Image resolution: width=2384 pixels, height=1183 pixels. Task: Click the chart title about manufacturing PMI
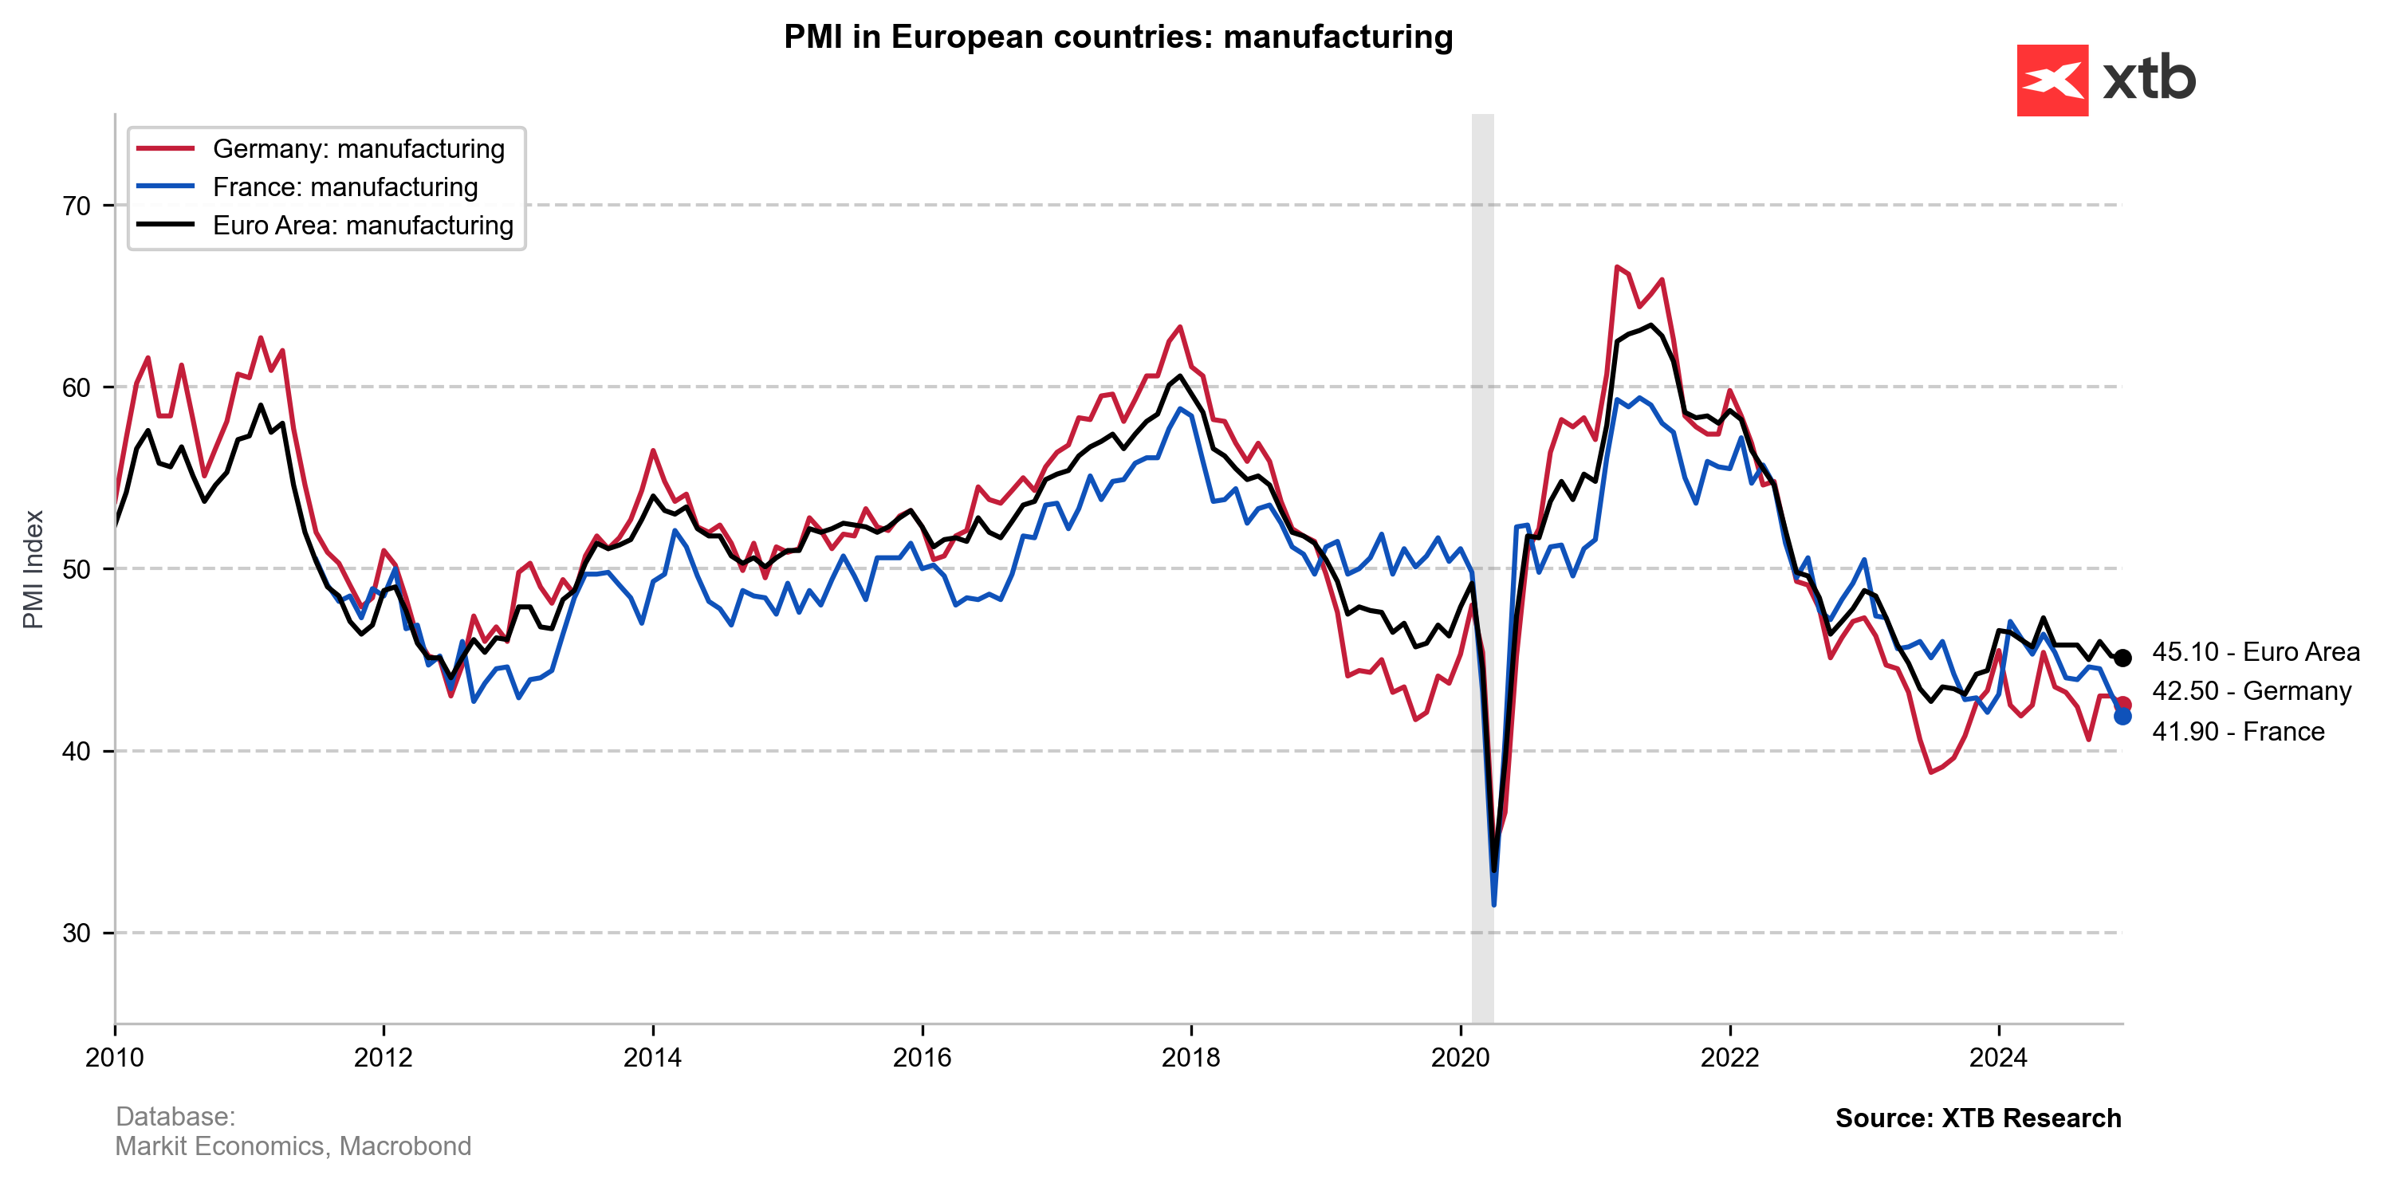(x=1118, y=37)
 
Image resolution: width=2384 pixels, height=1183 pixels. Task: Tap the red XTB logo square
(x=2052, y=81)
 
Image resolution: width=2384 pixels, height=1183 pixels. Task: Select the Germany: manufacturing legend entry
(x=358, y=149)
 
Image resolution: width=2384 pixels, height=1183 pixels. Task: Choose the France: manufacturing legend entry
(x=344, y=187)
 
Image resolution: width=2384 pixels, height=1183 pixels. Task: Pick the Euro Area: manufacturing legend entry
(x=362, y=226)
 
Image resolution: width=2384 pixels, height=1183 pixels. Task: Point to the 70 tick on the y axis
(x=77, y=206)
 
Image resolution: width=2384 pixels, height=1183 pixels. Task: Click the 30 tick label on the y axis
(x=77, y=933)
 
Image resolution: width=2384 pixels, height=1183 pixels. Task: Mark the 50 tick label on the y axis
(x=77, y=569)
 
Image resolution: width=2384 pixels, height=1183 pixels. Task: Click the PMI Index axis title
(x=33, y=569)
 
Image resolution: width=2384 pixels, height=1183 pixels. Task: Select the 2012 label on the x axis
(x=384, y=1057)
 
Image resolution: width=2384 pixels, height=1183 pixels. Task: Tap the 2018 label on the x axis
(x=1191, y=1057)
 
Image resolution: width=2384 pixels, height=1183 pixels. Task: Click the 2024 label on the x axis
(x=1998, y=1057)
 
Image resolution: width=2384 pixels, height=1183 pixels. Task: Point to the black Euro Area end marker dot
(x=2123, y=658)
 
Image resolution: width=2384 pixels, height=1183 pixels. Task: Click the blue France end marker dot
(x=2123, y=716)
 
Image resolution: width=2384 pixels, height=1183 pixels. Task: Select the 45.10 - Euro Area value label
(x=2256, y=652)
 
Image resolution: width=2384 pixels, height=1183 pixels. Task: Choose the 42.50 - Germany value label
(x=2251, y=691)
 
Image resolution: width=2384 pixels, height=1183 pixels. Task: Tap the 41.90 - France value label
(x=2238, y=732)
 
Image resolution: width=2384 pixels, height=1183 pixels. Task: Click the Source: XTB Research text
(x=1977, y=1118)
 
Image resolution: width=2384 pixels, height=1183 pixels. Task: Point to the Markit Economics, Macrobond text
(x=293, y=1146)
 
